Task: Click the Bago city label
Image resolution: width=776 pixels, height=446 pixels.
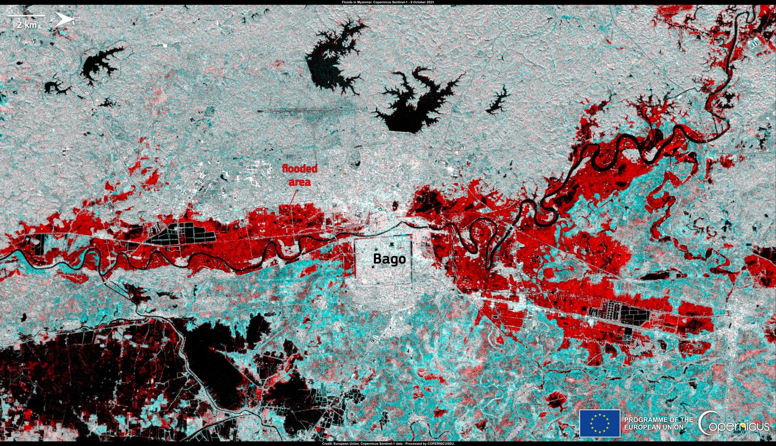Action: coord(389,259)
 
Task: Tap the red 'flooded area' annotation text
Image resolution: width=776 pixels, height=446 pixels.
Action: coord(299,175)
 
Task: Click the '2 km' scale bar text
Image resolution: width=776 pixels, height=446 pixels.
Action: coord(27,25)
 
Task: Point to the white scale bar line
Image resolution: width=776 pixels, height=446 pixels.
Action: coord(26,16)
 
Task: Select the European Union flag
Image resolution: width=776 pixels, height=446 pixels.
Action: coord(600,423)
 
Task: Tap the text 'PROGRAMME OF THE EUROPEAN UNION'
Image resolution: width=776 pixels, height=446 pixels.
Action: coord(658,423)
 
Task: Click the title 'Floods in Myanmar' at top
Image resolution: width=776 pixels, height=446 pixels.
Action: coord(356,2)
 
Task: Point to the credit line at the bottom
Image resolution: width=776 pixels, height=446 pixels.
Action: coord(388,444)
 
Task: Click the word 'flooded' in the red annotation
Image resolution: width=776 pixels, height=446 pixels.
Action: coord(299,169)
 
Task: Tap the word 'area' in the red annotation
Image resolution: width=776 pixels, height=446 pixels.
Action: coord(299,182)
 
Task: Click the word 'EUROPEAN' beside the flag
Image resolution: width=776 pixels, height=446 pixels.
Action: coord(638,427)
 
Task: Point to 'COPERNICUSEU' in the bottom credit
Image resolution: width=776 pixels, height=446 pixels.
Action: coord(441,444)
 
